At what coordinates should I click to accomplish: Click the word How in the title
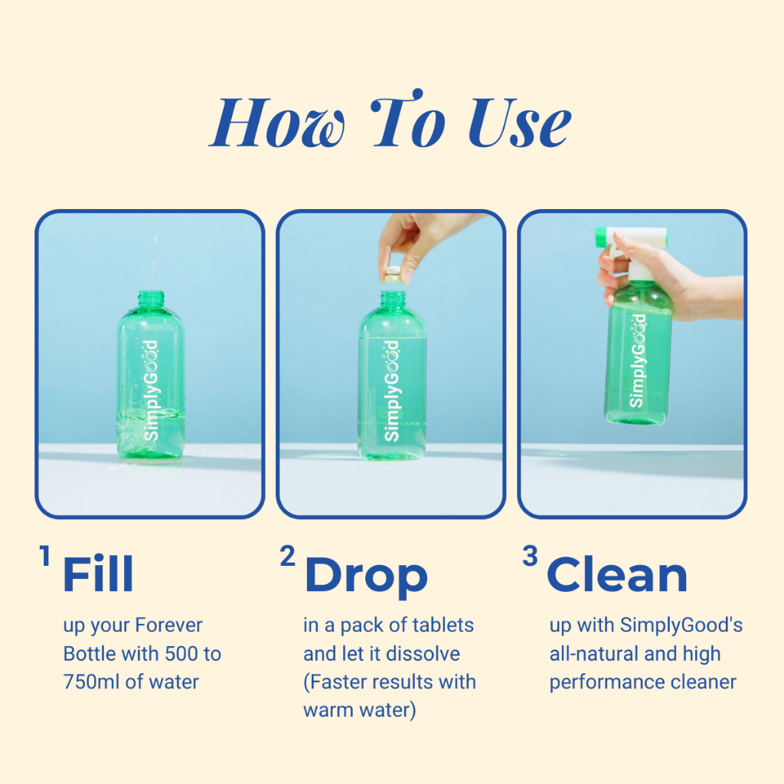pos(277,122)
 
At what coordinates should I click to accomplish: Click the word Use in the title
pos(520,122)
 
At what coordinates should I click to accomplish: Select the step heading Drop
pos(366,578)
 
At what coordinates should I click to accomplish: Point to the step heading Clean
pos(617,574)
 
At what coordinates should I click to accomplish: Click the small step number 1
pos(45,556)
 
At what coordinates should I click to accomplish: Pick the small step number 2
pos(288,556)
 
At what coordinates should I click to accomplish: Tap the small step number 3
pos(530,556)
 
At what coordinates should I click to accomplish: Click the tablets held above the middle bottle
pos(392,275)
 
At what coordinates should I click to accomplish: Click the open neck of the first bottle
pos(151,295)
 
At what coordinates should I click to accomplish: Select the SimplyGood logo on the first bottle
pos(151,390)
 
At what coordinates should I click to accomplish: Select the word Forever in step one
pos(168,625)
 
